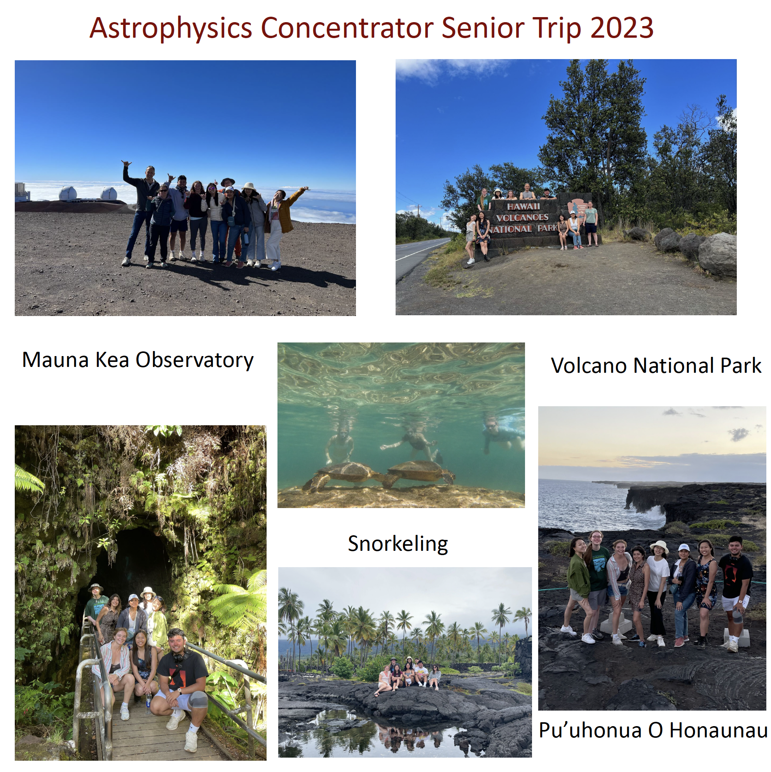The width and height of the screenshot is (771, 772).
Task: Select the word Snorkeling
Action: (x=398, y=544)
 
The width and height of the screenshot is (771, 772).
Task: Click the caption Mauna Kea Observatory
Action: (x=138, y=360)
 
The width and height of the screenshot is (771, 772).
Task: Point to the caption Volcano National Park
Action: (x=656, y=365)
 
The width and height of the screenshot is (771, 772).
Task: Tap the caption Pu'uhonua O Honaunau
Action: (x=653, y=730)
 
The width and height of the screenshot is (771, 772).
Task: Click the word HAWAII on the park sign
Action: (x=523, y=206)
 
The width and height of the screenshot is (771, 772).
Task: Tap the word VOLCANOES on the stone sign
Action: (x=522, y=217)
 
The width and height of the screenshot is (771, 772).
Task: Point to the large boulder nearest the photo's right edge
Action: (x=717, y=254)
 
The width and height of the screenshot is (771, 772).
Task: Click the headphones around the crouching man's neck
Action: (x=181, y=655)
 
